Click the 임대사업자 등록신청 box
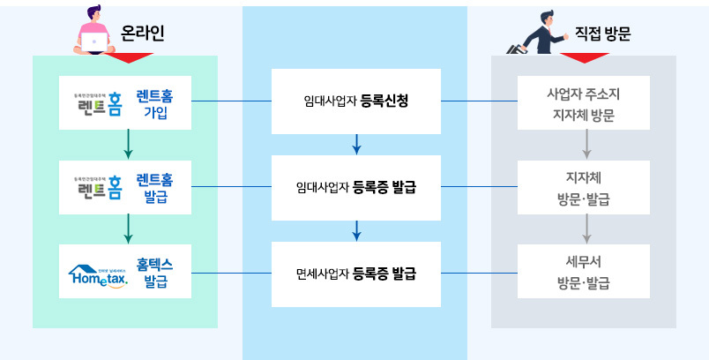[355, 101]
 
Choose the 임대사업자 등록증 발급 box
[355, 187]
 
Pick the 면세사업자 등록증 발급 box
[355, 274]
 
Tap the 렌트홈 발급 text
[154, 187]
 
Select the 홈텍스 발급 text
[154, 273]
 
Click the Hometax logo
[98, 274]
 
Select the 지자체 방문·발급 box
[583, 187]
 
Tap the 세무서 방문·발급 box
[583, 273]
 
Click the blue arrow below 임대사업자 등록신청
[356, 144]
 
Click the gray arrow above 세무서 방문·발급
[583, 230]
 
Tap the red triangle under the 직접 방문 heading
[585, 59]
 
